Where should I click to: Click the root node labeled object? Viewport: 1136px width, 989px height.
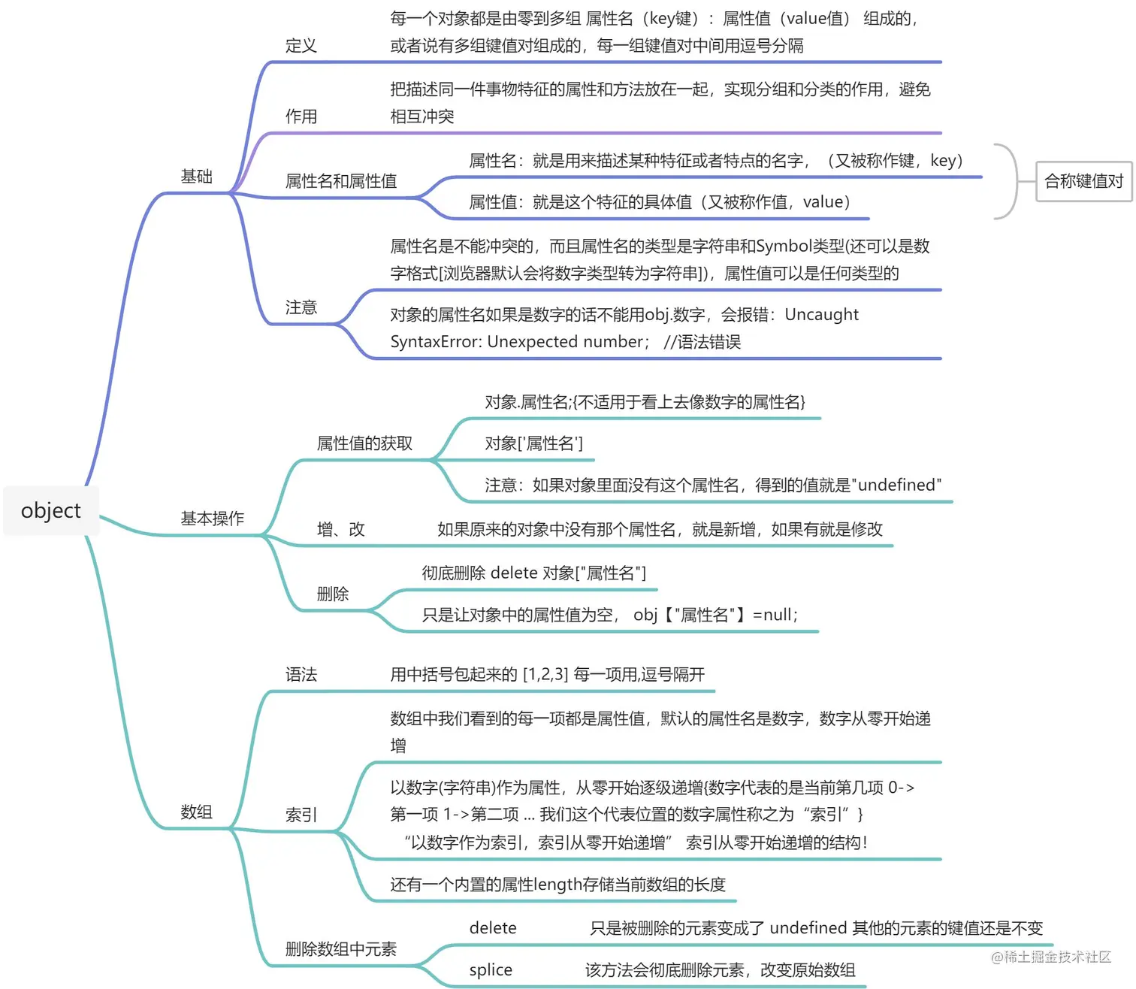click(x=50, y=511)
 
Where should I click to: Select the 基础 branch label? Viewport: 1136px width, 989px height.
click(x=196, y=177)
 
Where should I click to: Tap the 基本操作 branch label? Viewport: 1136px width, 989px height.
click(x=212, y=519)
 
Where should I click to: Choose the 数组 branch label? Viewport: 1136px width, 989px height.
click(x=196, y=812)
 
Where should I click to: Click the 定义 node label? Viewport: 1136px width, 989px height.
click(x=301, y=46)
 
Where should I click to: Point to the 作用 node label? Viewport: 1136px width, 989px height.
click(x=301, y=116)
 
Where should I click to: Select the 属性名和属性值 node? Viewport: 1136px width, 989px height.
click(x=340, y=181)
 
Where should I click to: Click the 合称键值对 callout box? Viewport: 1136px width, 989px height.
click(x=1083, y=181)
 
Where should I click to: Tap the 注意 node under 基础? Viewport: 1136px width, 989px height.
click(x=301, y=307)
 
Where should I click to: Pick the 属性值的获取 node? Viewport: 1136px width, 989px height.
click(x=364, y=443)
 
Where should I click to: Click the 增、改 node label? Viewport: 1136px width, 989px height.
click(x=340, y=530)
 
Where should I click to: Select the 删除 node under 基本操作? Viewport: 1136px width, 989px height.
click(x=332, y=594)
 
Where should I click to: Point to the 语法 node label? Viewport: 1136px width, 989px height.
click(x=301, y=675)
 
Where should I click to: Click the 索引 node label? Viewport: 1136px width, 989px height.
click(x=301, y=815)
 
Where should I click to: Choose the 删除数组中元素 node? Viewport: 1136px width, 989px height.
click(x=340, y=949)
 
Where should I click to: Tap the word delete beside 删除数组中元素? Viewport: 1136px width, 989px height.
click(x=492, y=928)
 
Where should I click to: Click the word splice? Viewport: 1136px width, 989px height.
click(x=490, y=970)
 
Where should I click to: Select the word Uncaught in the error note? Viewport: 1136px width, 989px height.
click(x=821, y=315)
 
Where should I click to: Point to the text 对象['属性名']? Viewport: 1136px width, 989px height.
click(x=533, y=443)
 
